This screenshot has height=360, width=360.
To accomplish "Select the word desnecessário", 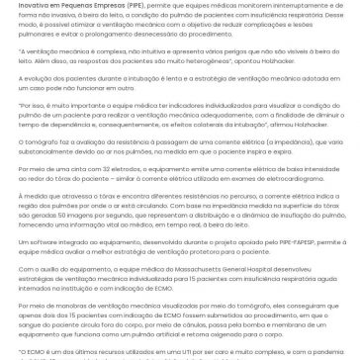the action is pos(180,39).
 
